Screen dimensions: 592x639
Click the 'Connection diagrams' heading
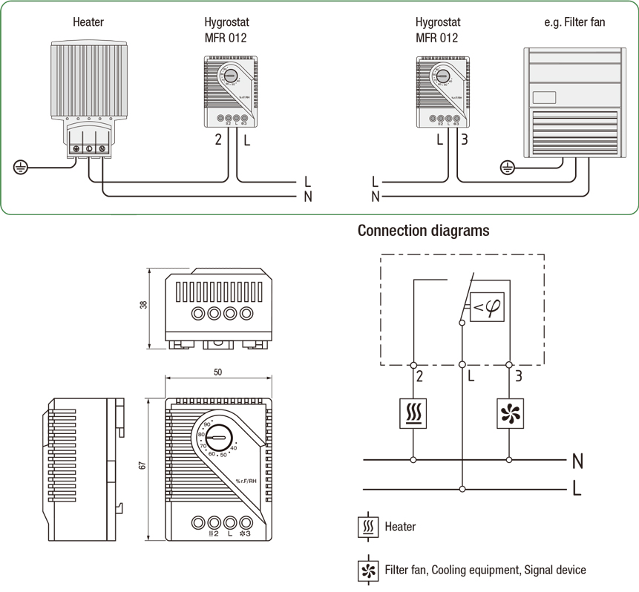tap(423, 231)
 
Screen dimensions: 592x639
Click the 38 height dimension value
tap(143, 304)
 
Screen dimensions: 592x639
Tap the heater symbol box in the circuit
tap(413, 413)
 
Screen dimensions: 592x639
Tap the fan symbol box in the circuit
tap(508, 413)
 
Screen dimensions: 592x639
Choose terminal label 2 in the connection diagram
tap(420, 376)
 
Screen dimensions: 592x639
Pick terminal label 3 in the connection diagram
tap(518, 376)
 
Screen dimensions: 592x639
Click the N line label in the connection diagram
tap(577, 461)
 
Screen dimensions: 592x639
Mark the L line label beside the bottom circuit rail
tap(577, 490)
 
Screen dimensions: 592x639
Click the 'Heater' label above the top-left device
tap(88, 22)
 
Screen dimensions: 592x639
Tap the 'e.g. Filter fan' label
tap(574, 22)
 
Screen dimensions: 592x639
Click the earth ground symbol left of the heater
tap(21, 168)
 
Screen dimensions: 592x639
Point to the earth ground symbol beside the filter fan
tap(508, 168)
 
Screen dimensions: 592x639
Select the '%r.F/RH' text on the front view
tap(247, 481)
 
